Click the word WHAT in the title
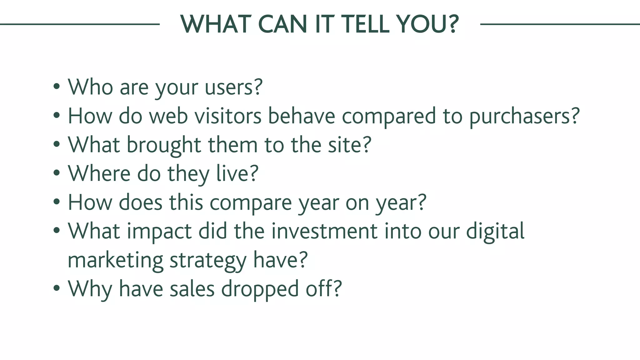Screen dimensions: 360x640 tap(216, 24)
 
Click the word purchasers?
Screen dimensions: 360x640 tap(524, 116)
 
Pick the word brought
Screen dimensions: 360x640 tap(164, 145)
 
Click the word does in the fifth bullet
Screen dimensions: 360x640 tap(141, 202)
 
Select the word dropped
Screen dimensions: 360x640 tap(260, 289)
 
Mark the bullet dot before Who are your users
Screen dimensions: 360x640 tap(56, 87)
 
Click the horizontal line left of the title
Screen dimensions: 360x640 tap(80, 24)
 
